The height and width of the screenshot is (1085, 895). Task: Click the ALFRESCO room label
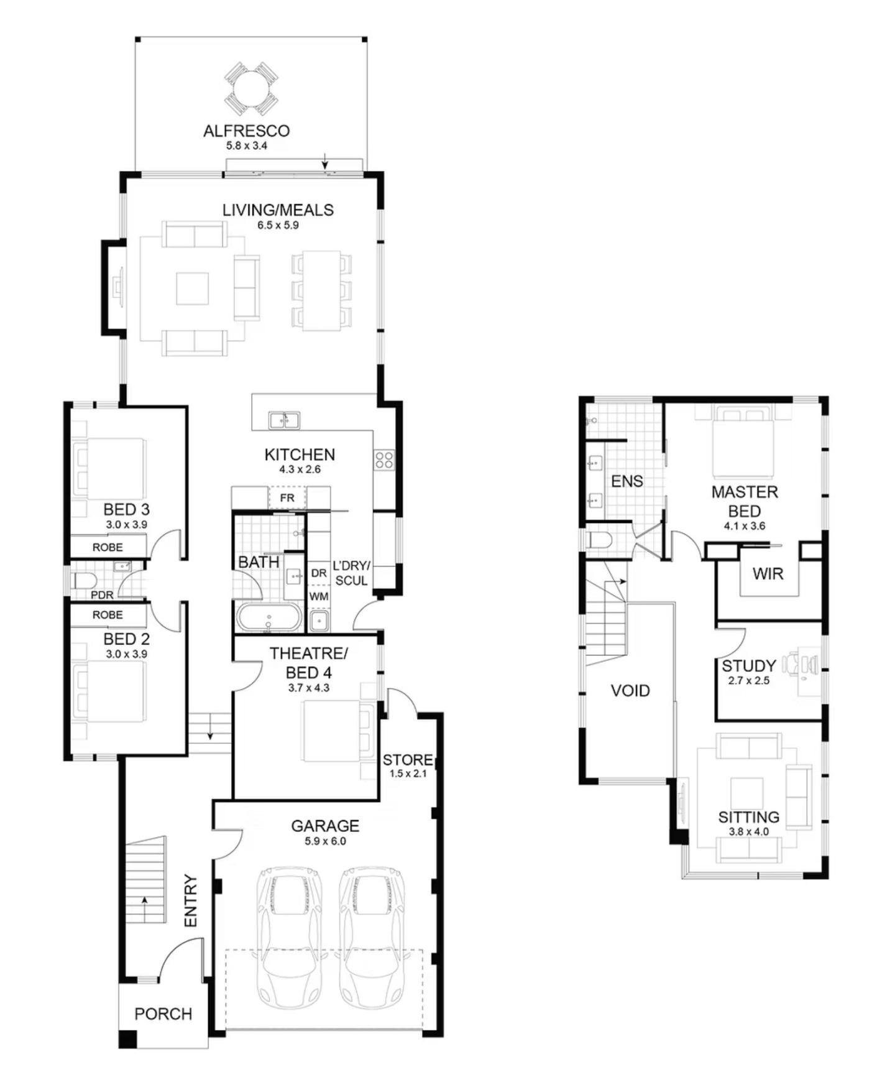tap(247, 131)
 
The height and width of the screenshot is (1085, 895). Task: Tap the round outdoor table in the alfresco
tap(251, 88)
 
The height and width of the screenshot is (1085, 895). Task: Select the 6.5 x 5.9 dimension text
tap(278, 225)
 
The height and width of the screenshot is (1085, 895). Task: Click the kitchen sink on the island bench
tap(284, 420)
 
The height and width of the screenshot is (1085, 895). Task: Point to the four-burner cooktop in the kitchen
tap(384, 460)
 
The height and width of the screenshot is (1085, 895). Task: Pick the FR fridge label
tap(287, 498)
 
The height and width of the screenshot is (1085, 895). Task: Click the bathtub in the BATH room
tap(268, 619)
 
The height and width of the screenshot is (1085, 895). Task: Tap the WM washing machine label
tap(319, 596)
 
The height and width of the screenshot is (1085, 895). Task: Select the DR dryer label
tap(319, 573)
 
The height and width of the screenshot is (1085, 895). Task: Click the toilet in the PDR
tap(84, 581)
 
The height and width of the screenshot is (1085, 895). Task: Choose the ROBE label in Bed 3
tap(108, 548)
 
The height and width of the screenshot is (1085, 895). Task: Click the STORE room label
tap(408, 760)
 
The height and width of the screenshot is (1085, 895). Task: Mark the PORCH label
tap(163, 1014)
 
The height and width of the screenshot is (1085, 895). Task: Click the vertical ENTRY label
tap(190, 901)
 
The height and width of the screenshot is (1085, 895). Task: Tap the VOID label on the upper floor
tap(630, 691)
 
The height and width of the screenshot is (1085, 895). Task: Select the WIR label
tap(768, 574)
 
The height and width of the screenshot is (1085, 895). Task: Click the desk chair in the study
tap(791, 664)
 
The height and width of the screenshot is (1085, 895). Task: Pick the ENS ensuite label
tap(627, 481)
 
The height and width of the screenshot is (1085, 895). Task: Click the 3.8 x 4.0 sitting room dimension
tap(748, 832)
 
